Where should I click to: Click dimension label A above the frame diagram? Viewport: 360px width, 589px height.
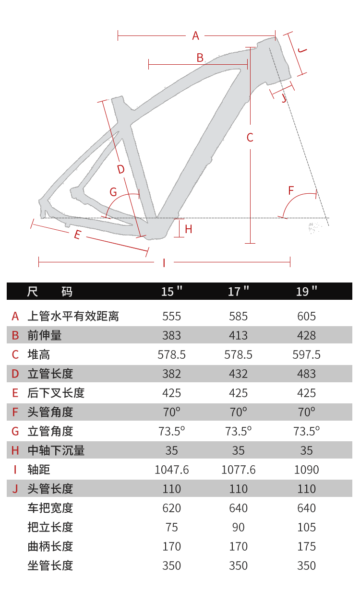coord(195,35)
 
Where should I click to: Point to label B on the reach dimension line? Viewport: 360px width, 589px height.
coord(200,58)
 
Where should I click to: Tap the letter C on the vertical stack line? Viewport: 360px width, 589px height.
coord(250,138)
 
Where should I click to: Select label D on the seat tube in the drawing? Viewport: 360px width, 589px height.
coord(120,169)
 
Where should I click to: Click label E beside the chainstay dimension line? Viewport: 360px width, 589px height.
coord(77,235)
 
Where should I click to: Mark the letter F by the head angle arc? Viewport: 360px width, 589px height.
coord(291,190)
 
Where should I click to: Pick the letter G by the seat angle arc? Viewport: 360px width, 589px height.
coord(113,192)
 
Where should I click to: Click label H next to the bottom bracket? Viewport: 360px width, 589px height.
coord(188,229)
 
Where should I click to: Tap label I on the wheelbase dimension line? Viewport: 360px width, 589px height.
coord(164,262)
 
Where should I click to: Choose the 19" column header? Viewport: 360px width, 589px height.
coord(307,291)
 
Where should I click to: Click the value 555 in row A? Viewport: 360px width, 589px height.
coord(172,316)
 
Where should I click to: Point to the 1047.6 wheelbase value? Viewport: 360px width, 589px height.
coord(172,470)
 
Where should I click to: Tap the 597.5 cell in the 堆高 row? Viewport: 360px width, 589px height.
coord(307,354)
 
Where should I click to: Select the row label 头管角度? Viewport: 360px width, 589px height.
coord(50,412)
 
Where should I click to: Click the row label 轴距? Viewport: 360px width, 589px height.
coord(39,470)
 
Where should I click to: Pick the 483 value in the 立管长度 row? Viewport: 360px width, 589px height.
coord(307,374)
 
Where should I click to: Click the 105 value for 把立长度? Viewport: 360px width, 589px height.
coord(307,527)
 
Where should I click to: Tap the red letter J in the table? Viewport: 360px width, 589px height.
coord(15,489)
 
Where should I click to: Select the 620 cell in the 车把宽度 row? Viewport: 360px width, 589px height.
coord(172,508)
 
